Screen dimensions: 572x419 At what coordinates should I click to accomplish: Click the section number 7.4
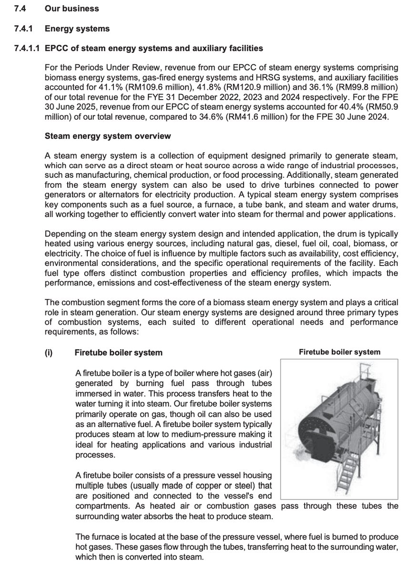point(20,9)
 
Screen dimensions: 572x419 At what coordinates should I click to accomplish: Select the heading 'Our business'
point(72,9)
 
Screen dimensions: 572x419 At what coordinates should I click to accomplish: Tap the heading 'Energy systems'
point(77,29)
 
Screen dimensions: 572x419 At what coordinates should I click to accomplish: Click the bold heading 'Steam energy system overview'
point(107,136)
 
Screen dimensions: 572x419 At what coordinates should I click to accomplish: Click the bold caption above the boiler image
point(339,352)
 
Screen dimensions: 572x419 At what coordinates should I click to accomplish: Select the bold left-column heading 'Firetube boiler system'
point(118,353)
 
